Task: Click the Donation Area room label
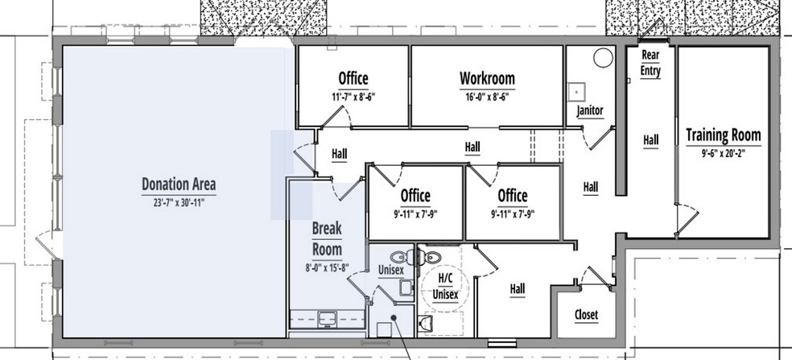click(178, 184)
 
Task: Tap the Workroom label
click(487, 79)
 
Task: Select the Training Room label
click(723, 134)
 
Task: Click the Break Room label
click(327, 238)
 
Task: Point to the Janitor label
click(590, 110)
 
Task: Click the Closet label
click(586, 315)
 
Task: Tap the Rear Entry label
click(650, 63)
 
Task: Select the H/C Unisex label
click(446, 287)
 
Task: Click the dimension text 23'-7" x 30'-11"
click(178, 204)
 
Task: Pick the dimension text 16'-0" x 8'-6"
click(487, 97)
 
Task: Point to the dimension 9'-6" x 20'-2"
click(723, 152)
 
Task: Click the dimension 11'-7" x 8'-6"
click(353, 97)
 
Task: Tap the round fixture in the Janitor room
click(603, 59)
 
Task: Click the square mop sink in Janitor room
click(577, 91)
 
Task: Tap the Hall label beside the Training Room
click(650, 140)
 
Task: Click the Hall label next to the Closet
click(518, 288)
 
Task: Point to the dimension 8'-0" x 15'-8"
click(327, 267)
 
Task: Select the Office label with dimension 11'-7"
click(353, 79)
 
